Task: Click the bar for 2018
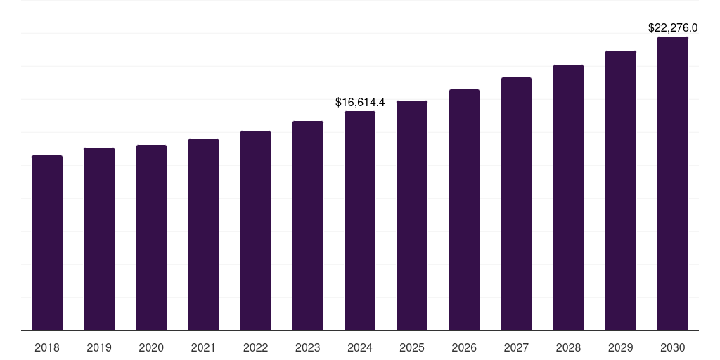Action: [47, 243]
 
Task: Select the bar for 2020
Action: [151, 238]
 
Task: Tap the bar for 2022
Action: [255, 231]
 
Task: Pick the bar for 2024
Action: [360, 221]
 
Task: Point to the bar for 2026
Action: [464, 210]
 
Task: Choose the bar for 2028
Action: [568, 198]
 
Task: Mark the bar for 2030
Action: [673, 184]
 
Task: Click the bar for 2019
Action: [99, 239]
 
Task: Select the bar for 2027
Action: [516, 204]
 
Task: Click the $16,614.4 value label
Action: [360, 103]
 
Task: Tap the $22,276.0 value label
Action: [673, 28]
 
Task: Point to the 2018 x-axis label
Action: [47, 347]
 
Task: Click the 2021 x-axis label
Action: [203, 347]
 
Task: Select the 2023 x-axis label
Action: [308, 347]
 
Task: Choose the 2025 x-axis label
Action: [412, 347]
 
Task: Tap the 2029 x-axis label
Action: [620, 347]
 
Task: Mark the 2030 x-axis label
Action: [673, 347]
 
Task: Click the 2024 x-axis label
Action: [360, 347]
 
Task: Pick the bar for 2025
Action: [412, 215]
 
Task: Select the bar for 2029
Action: [620, 191]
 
